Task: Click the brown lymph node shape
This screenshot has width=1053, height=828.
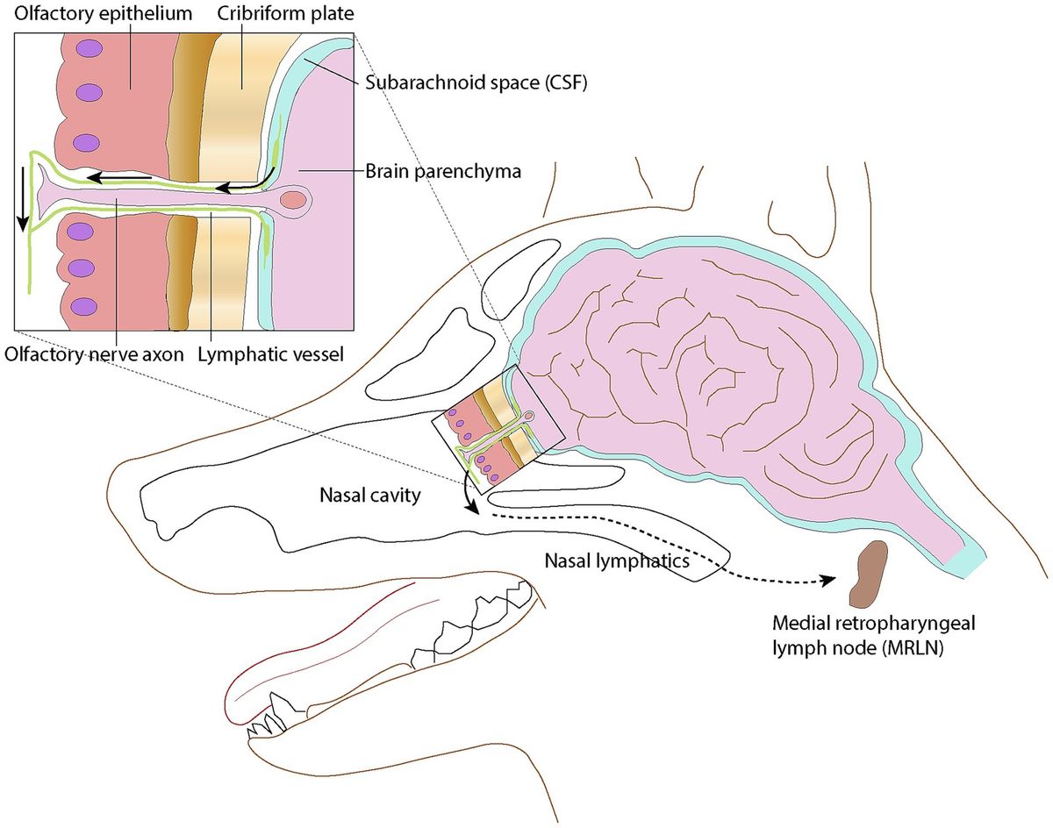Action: point(869,575)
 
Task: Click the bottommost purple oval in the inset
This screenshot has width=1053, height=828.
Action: point(85,306)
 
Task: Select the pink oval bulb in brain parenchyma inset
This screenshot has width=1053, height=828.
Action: point(292,200)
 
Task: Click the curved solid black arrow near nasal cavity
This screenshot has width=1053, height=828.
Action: point(469,499)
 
